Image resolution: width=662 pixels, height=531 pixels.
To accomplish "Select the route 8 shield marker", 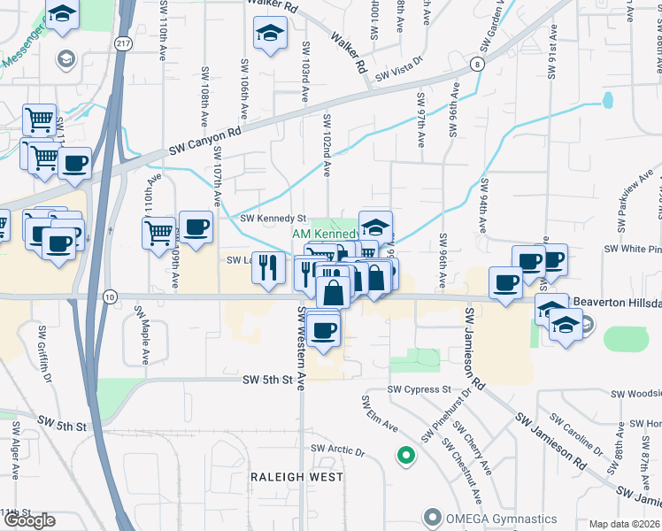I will [477, 64].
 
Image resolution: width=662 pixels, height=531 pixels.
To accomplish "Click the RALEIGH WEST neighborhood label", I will [296, 477].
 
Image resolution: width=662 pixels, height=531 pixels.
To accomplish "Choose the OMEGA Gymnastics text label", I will [501, 518].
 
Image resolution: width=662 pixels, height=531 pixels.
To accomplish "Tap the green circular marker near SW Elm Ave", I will [405, 456].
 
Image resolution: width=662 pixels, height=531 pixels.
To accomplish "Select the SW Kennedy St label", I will [273, 218].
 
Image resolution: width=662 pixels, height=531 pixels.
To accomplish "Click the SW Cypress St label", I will [420, 389].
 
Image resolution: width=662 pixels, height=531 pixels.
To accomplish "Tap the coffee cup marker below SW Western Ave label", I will [323, 330].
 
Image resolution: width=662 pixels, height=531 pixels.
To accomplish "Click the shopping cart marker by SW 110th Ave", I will [158, 233].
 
